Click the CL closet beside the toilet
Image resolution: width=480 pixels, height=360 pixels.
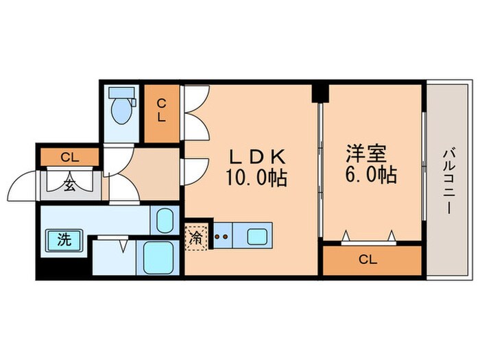(161, 110)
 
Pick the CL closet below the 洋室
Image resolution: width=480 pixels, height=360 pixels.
(371, 260)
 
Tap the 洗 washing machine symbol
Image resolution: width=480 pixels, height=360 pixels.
(64, 240)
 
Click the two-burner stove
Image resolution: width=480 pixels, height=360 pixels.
(221, 238)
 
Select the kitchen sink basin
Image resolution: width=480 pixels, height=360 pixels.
(258, 237)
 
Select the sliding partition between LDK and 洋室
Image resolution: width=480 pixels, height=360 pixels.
(320, 171)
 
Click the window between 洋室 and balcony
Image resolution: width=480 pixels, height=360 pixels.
(423, 171)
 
